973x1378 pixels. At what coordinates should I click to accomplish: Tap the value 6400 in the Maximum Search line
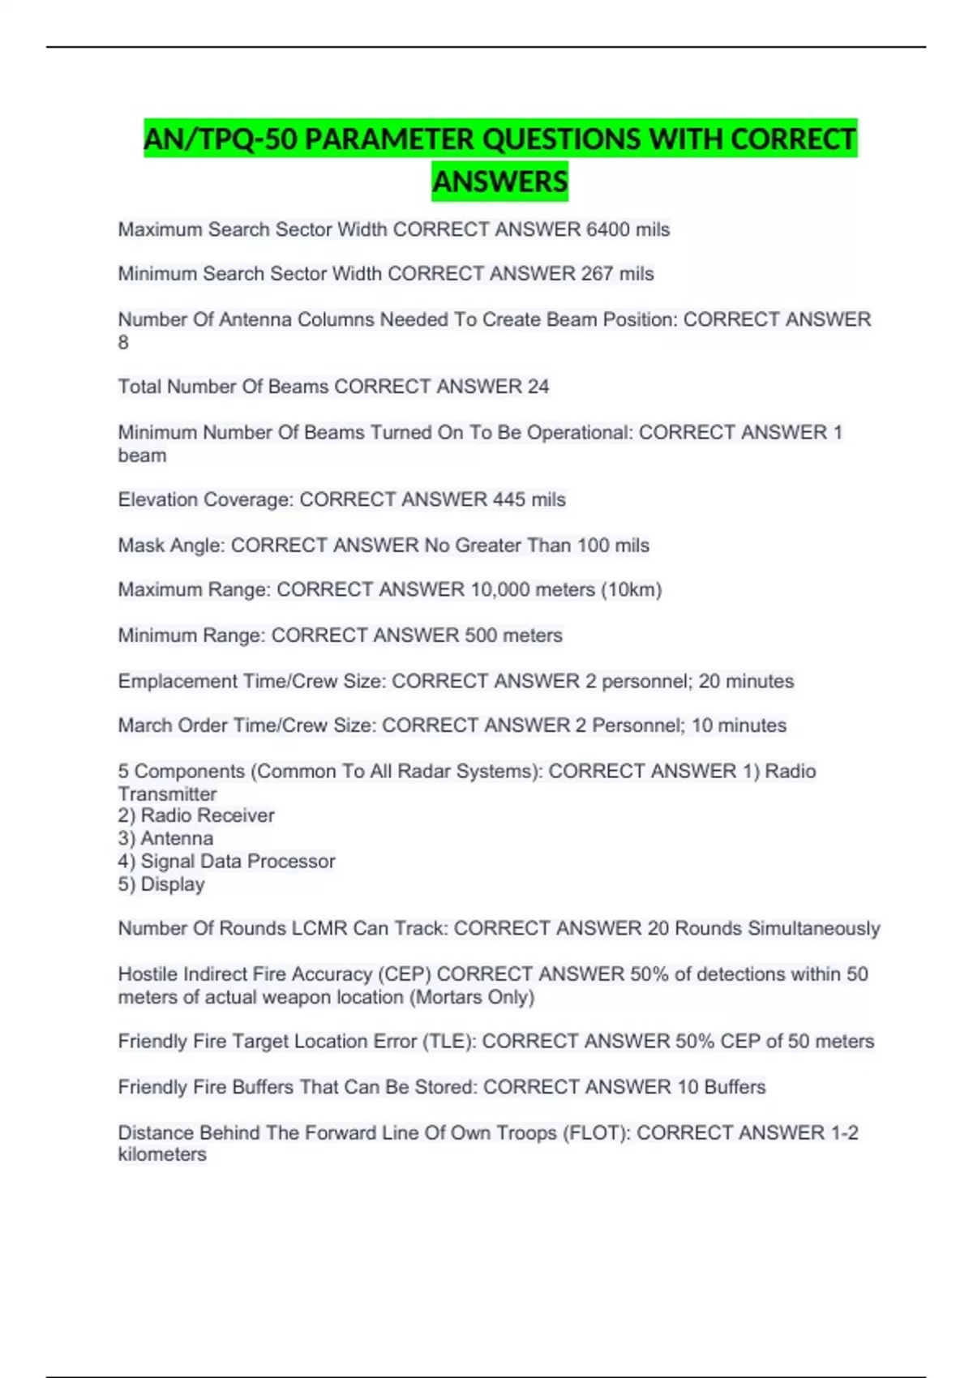[x=608, y=230]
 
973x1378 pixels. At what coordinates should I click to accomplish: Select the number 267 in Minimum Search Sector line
[x=597, y=274]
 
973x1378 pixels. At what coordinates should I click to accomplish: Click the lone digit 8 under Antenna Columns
[x=123, y=343]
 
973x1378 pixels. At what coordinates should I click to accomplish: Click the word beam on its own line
[x=143, y=456]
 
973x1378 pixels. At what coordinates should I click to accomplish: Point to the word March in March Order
[x=144, y=725]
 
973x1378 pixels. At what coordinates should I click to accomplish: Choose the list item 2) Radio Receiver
[x=196, y=815]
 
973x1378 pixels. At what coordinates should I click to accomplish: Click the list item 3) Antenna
[x=166, y=838]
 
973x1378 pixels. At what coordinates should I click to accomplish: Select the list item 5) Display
[x=161, y=884]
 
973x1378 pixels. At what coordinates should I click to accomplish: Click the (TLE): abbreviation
[x=449, y=1042]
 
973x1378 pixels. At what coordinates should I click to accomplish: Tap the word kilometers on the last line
[x=162, y=1154]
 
